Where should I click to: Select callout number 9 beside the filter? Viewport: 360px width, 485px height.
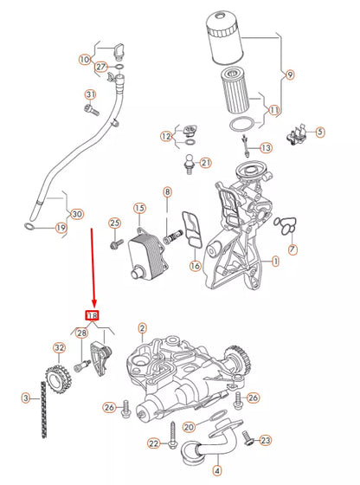tap(290, 74)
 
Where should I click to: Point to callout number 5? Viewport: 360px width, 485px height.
tap(319, 132)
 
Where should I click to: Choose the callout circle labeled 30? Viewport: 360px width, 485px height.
tap(77, 214)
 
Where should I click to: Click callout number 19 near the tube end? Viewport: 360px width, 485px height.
tap(60, 228)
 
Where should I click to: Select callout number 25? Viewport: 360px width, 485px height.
tap(113, 224)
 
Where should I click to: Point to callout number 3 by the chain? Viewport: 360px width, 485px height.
tap(26, 398)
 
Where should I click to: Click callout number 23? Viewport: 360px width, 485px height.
tap(266, 441)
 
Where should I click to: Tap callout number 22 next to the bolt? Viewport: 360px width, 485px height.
tap(153, 443)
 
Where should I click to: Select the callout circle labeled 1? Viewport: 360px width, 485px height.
tap(275, 260)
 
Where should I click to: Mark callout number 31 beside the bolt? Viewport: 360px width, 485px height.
tap(90, 94)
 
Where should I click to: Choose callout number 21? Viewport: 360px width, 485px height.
tap(205, 162)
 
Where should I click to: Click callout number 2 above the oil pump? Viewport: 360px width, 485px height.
tap(142, 327)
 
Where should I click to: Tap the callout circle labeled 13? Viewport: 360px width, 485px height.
tap(266, 148)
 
